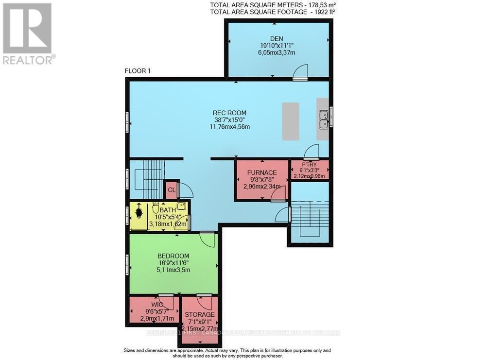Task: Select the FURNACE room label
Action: (x=261, y=172)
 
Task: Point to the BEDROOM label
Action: (x=173, y=256)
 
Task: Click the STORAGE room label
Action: (x=199, y=315)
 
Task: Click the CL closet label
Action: (x=171, y=190)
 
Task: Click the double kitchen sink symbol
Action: (x=324, y=119)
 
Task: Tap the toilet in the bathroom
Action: (x=156, y=208)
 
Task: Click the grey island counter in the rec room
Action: (x=291, y=121)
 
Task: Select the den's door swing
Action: (x=300, y=71)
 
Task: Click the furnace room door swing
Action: (x=278, y=194)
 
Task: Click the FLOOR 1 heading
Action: (x=138, y=71)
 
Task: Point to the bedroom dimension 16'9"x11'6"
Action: (x=173, y=263)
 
